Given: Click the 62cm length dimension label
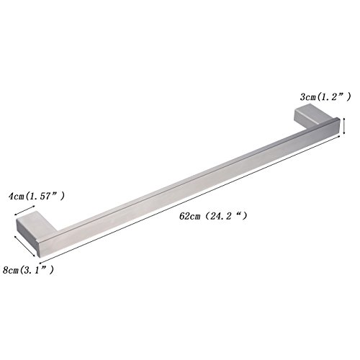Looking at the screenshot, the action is tap(213, 216).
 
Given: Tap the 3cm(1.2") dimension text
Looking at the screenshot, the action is tap(325, 97).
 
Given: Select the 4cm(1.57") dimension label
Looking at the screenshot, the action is tap(37, 197).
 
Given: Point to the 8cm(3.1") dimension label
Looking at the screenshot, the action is tap(28, 270).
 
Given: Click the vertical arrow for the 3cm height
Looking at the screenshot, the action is tap(344, 125).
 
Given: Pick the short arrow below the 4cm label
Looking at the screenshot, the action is tap(24, 210).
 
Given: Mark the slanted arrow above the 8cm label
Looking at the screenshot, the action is tap(25, 246).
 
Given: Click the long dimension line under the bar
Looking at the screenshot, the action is tap(190, 199).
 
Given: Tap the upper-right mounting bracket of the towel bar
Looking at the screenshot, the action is tap(312, 116).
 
